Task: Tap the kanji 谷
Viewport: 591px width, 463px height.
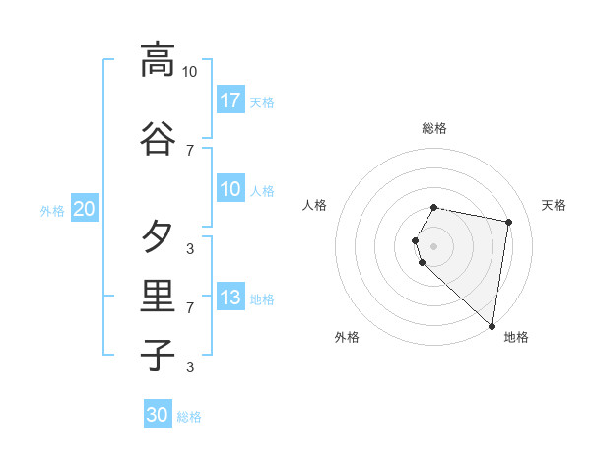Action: pyautogui.click(x=158, y=138)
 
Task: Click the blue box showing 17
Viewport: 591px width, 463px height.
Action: pyautogui.click(x=230, y=99)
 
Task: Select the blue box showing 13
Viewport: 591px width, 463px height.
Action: pyautogui.click(x=230, y=297)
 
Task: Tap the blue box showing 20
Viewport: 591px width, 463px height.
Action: pyautogui.click(x=84, y=209)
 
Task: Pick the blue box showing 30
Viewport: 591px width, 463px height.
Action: pyautogui.click(x=158, y=415)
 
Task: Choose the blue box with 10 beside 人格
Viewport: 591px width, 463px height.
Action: pyautogui.click(x=230, y=189)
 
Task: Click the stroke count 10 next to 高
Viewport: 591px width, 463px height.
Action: pyautogui.click(x=189, y=71)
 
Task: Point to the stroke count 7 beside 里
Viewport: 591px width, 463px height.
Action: pyautogui.click(x=190, y=308)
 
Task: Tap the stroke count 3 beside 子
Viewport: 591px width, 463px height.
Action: pyautogui.click(x=190, y=367)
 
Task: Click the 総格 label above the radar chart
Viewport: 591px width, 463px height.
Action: pyautogui.click(x=434, y=128)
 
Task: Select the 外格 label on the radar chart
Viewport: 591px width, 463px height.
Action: pyautogui.click(x=347, y=337)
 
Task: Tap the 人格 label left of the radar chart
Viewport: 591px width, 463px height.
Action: pyautogui.click(x=315, y=205)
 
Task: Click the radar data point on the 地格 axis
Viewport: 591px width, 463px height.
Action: pyautogui.click(x=492, y=325)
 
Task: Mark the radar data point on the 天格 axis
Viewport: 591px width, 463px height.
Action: pyautogui.click(x=508, y=222)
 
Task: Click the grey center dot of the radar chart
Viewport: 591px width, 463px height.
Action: pyautogui.click(x=434, y=245)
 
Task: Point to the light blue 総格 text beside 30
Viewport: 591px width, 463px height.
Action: pyautogui.click(x=189, y=417)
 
